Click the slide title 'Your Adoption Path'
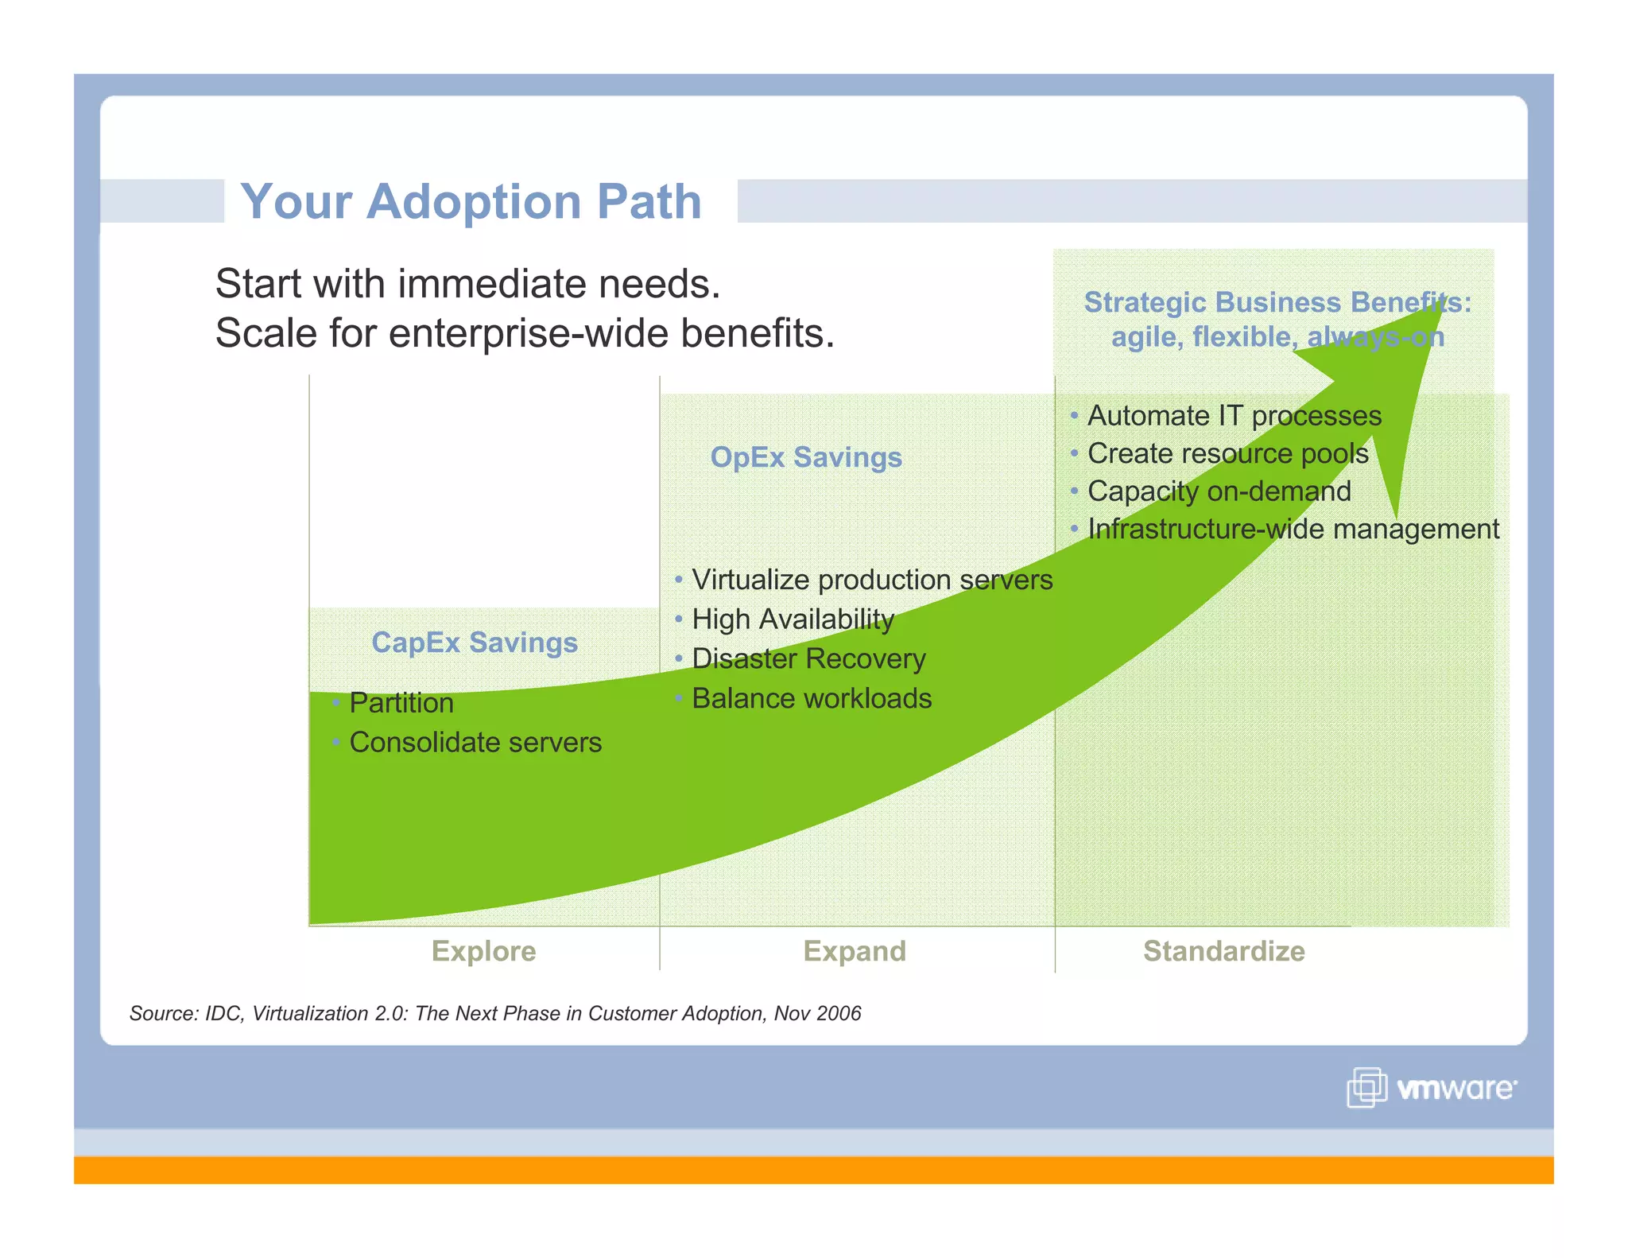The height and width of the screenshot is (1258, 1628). click(471, 201)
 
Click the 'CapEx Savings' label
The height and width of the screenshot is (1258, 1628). click(475, 643)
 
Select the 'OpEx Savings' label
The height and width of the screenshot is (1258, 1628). click(806, 457)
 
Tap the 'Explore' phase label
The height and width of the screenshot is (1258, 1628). click(483, 951)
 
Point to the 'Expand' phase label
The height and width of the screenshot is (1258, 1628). click(855, 951)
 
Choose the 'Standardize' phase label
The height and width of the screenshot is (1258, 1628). click(1223, 951)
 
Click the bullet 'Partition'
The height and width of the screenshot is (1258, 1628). click(401, 703)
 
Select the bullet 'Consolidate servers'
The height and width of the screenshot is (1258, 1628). click(475, 743)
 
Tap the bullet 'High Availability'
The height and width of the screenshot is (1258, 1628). click(793, 619)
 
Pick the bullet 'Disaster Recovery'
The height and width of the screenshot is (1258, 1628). click(808, 658)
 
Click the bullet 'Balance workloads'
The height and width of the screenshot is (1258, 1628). click(812, 698)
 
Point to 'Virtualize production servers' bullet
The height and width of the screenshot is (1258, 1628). click(872, 580)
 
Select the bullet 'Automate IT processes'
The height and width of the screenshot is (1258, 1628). click(1234, 416)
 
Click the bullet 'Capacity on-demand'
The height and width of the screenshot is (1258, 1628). click(1219, 491)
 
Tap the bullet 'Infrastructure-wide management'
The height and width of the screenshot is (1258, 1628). click(1293, 529)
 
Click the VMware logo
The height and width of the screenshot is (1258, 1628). click(1432, 1087)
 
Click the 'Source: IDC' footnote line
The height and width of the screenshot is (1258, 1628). click(494, 1013)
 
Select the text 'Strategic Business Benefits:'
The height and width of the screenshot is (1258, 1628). click(1277, 303)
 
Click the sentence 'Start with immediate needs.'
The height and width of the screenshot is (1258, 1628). click(467, 284)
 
